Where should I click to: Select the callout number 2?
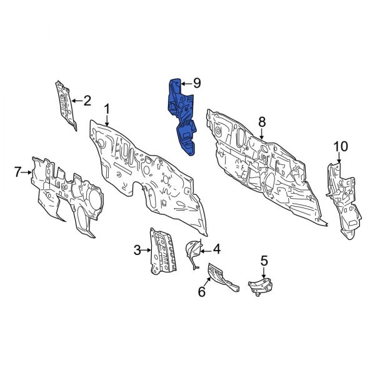pos(87,99)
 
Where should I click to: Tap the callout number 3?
pos(137,251)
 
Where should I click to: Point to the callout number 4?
pos(216,249)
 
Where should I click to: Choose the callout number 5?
pos(264,260)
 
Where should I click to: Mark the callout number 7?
pos(18,171)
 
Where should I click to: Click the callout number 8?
pos(262,121)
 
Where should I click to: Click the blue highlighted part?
pos(181,116)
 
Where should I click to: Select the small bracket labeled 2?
pos(64,103)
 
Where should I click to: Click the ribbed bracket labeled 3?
pos(160,251)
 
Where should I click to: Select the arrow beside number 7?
pos(27,171)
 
